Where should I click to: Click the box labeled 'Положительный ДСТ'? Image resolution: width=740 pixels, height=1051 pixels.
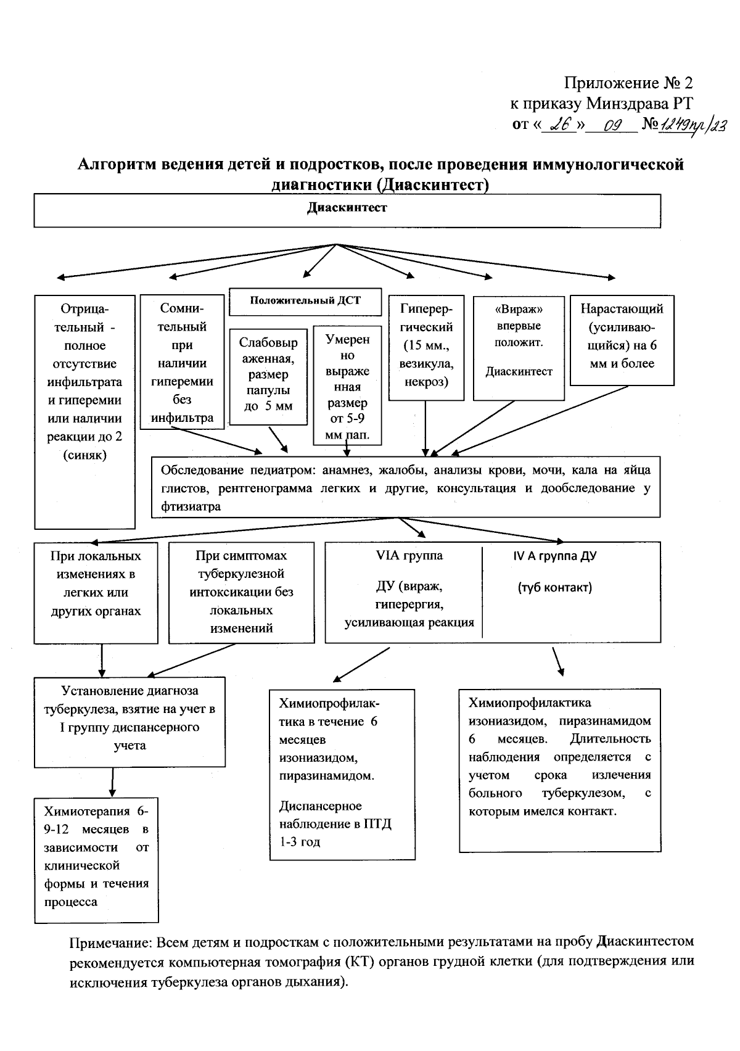pos(305,301)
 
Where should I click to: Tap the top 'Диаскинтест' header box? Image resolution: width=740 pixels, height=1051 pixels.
pos(347,211)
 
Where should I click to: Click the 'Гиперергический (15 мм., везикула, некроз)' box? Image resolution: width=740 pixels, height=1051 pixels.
pos(426,347)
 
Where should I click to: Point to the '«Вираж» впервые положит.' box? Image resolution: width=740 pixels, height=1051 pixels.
pos(519,347)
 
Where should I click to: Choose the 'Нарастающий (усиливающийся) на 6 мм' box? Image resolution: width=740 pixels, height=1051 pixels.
pos(622,340)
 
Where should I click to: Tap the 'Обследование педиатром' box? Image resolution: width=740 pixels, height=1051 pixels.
pos(406,487)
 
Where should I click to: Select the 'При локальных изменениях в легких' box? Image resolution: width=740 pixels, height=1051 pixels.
pos(96,592)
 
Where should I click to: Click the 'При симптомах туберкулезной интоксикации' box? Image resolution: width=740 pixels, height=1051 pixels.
pos(241,592)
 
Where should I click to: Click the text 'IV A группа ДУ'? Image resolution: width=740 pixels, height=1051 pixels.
pos(554,556)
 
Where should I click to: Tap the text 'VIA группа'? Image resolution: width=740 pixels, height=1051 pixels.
pos(409,556)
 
